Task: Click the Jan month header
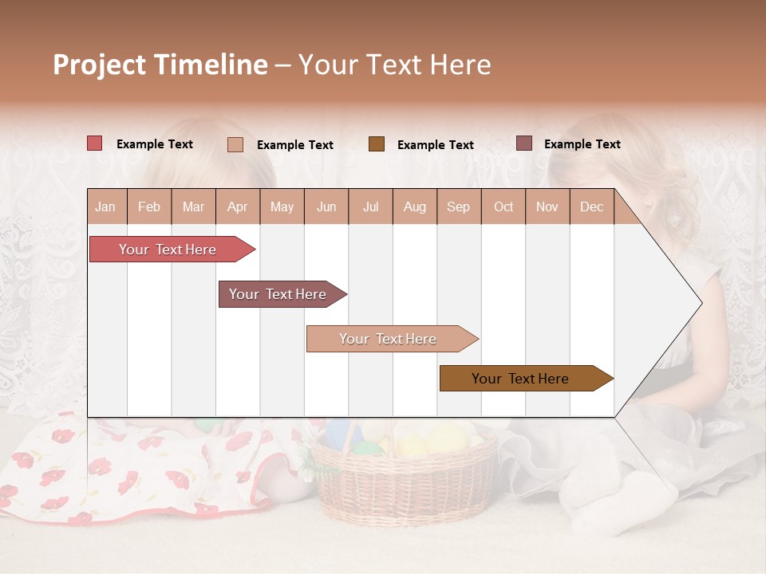point(105,207)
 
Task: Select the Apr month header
point(238,207)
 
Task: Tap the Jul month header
point(370,207)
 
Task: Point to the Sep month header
point(458,207)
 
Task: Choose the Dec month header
point(591,207)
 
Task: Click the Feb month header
point(149,207)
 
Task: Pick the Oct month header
point(503,207)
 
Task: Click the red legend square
point(95,143)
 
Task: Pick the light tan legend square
point(235,144)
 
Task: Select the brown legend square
point(377,144)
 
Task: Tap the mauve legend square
point(524,143)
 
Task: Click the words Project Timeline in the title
point(160,65)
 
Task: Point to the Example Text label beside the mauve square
point(582,144)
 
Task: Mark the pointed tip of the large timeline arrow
point(701,303)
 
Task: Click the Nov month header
point(547,207)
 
